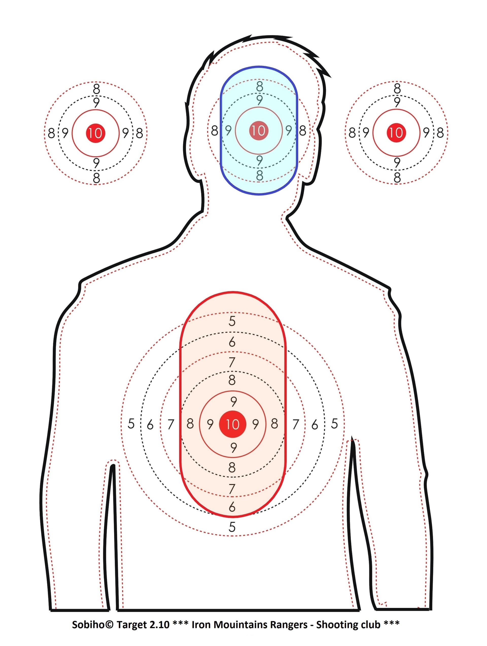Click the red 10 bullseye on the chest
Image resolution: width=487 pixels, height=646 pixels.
click(233, 424)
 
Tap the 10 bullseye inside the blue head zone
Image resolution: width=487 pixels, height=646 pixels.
click(258, 130)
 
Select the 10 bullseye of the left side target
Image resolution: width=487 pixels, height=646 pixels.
click(95, 133)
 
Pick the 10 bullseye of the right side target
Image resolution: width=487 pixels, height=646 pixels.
click(396, 132)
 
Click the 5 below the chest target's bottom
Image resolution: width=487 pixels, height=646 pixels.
click(232, 527)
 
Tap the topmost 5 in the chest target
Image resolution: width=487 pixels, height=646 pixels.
click(232, 321)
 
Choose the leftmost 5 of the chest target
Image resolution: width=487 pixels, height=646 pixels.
click(131, 424)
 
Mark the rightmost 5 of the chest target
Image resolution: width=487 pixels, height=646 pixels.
click(334, 424)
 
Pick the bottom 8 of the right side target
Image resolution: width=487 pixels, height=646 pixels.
click(397, 177)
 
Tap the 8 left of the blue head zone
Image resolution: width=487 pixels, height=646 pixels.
click(215, 131)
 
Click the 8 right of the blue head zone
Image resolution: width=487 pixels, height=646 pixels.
click(303, 131)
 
